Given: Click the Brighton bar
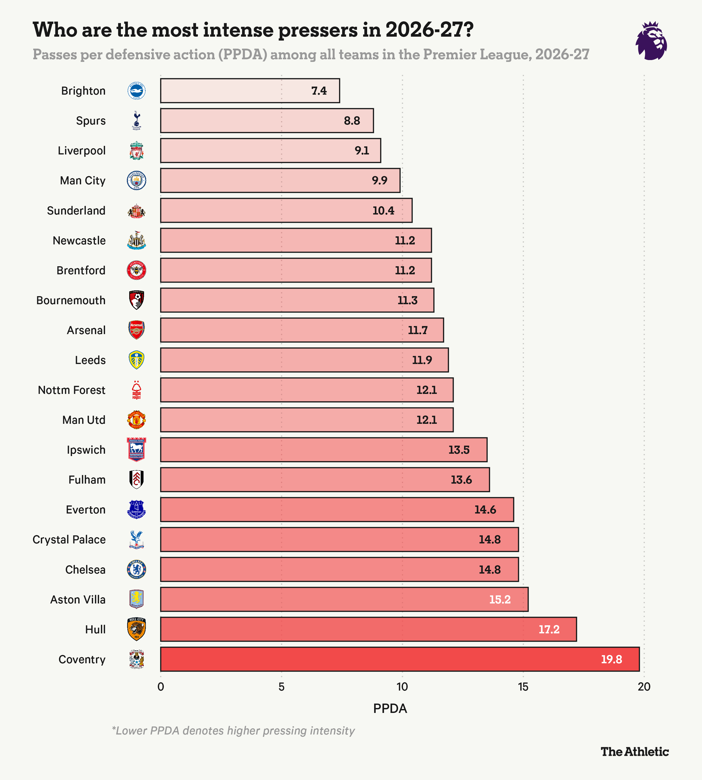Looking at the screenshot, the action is tap(250, 91).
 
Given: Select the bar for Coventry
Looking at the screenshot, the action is tap(400, 659).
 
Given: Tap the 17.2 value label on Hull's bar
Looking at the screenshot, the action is tap(549, 629).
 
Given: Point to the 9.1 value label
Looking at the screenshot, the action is tap(362, 151).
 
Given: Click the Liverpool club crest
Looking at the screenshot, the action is tap(136, 151).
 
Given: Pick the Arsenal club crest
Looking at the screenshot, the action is tap(136, 330).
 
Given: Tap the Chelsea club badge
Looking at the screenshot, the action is tap(136, 569).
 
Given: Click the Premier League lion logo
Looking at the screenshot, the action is tap(652, 41).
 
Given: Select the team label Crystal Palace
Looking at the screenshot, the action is tap(69, 540).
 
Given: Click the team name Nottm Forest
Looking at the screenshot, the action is tap(72, 390).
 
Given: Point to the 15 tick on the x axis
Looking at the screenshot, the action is tap(523, 687).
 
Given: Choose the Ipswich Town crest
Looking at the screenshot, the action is tap(136, 450).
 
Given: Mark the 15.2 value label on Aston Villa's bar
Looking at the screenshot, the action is tap(500, 600).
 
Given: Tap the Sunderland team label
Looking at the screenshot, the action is tap(76, 211).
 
